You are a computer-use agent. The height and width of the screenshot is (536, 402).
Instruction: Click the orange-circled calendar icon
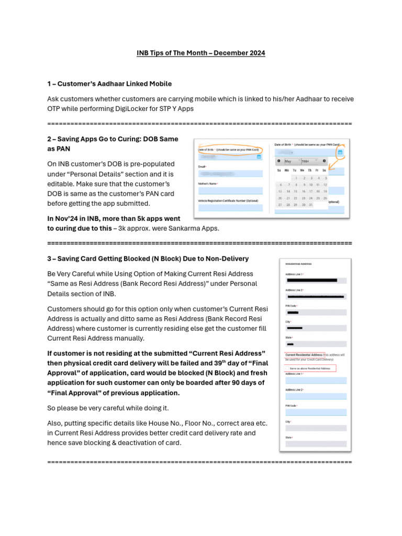(x=340, y=152)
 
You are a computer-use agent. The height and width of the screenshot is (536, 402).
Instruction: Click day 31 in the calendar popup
(x=310, y=205)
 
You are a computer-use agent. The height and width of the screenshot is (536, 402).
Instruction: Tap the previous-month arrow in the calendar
(x=278, y=161)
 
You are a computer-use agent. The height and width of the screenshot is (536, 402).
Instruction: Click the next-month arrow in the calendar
(x=324, y=161)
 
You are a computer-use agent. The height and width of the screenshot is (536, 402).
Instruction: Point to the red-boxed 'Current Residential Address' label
(x=304, y=355)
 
